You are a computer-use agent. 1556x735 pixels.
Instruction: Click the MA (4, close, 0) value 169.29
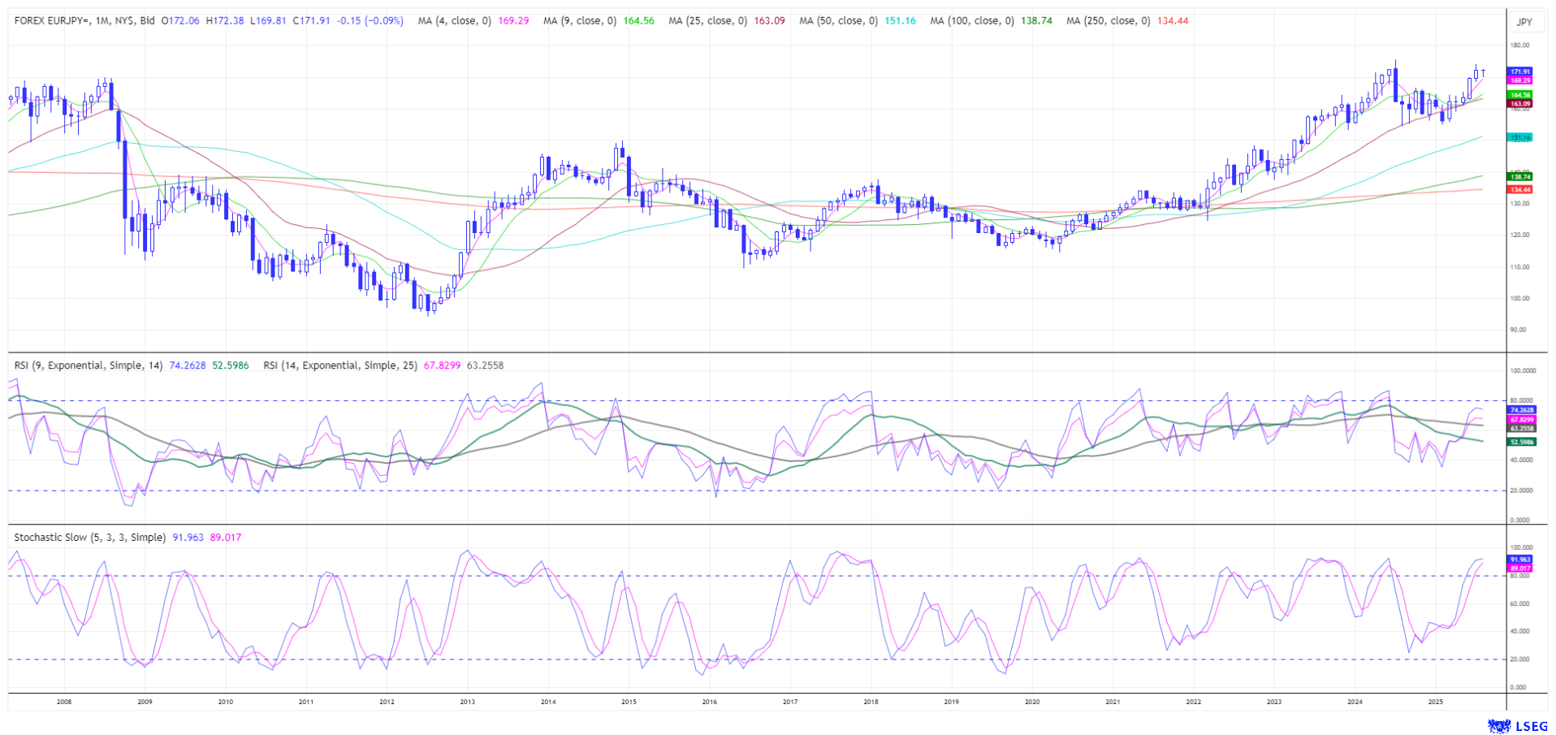tap(513, 21)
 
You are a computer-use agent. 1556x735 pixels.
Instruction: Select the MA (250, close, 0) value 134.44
tap(1173, 21)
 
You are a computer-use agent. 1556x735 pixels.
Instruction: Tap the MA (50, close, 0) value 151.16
tap(900, 21)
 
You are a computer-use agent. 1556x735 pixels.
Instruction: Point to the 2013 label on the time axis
tap(467, 702)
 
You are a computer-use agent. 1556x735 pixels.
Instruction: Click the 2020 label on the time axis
tap(1031, 702)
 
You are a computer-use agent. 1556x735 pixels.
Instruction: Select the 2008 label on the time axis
tap(64, 702)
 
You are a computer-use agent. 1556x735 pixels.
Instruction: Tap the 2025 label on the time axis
tap(1435, 702)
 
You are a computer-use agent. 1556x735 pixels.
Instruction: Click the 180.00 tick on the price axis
tap(1520, 45)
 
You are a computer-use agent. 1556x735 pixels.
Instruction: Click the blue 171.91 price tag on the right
tap(1520, 72)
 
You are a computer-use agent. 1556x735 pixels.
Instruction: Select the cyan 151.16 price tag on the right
tap(1520, 138)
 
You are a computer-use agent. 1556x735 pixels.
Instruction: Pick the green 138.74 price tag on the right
tap(1520, 176)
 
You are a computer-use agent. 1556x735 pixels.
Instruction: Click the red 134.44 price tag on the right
tap(1520, 189)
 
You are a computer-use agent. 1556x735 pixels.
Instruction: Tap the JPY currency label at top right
tap(1524, 23)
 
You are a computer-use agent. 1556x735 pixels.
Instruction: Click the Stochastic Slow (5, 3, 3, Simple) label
tap(90, 538)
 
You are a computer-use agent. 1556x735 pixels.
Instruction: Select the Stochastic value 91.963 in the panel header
tap(188, 538)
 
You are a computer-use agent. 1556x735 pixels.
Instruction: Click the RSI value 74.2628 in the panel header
tap(188, 365)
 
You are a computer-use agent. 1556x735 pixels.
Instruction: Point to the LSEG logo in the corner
tap(1516, 725)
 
